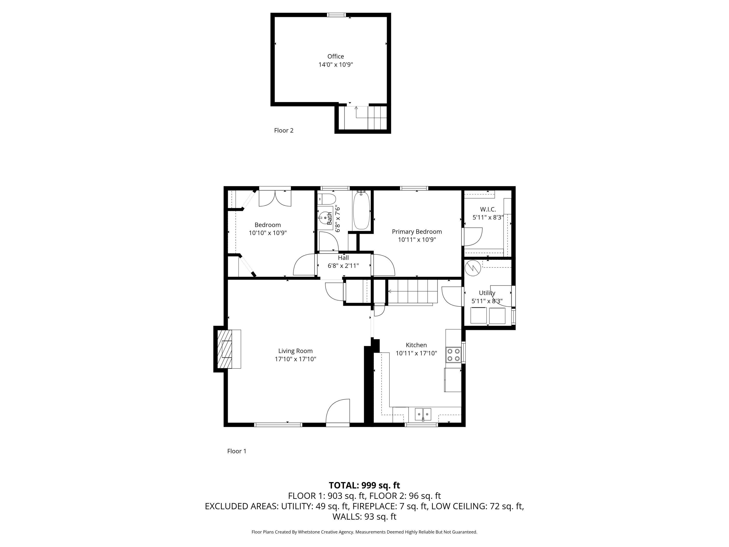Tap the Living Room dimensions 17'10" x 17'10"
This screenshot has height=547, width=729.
click(x=295, y=359)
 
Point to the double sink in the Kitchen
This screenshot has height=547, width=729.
click(x=423, y=414)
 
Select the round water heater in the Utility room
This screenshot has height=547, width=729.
click(x=473, y=268)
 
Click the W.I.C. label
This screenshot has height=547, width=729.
click(x=488, y=209)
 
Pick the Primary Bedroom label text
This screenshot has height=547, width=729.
click(x=417, y=231)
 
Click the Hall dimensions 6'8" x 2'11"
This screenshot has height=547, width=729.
click(x=343, y=266)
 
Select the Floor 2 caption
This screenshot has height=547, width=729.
click(x=283, y=130)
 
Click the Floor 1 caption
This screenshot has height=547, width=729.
click(x=237, y=451)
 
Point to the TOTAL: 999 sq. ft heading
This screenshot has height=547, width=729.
click(x=364, y=485)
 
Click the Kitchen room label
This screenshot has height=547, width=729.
click(x=416, y=345)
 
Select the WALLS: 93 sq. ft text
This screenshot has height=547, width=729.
click(x=364, y=517)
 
